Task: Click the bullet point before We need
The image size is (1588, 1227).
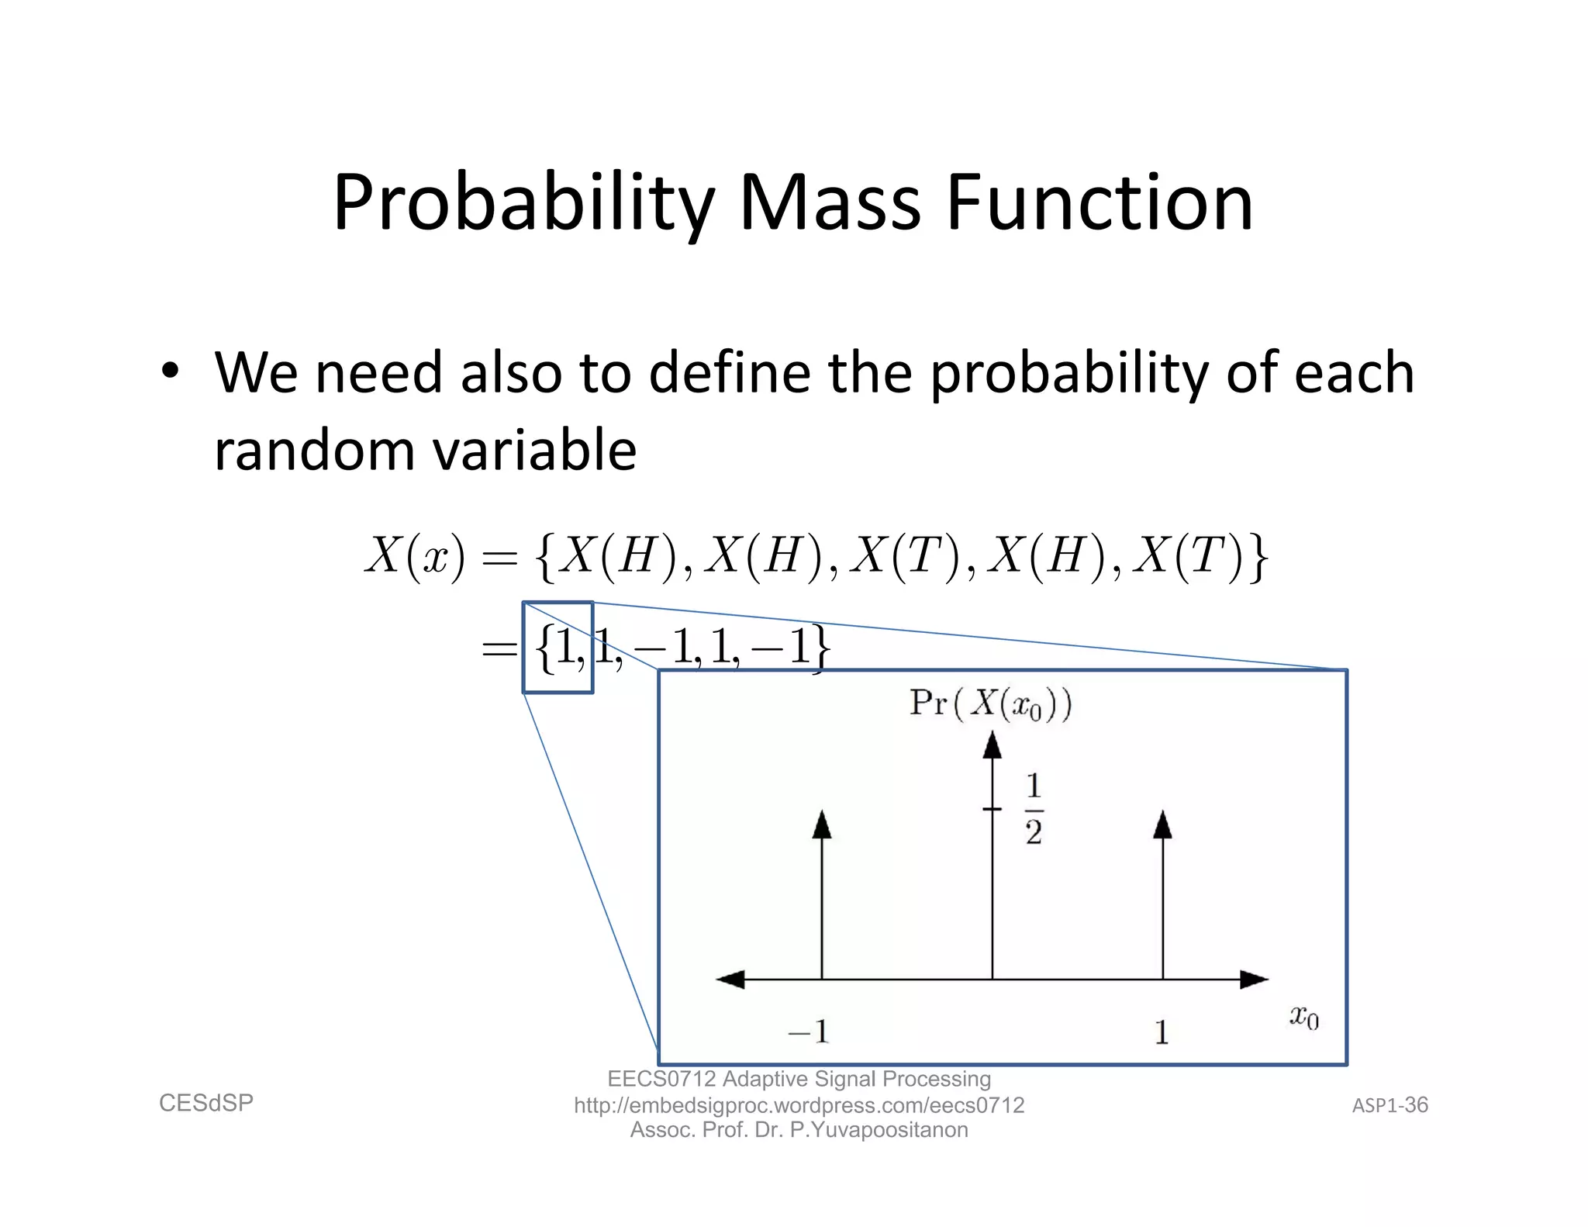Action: (170, 371)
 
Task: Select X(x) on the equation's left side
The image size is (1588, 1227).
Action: (415, 556)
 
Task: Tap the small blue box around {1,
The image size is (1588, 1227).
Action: (558, 647)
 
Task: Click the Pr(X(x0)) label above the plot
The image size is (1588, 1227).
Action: (990, 704)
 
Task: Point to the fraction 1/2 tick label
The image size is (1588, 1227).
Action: (1033, 809)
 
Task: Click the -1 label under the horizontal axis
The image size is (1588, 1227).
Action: (808, 1032)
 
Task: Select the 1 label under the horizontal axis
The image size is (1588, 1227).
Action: (1161, 1032)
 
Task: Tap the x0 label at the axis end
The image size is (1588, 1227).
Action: (1303, 1017)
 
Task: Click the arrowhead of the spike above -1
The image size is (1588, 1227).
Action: (822, 825)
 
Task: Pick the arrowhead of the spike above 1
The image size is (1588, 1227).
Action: (1162, 825)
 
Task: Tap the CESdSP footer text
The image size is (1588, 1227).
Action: (206, 1103)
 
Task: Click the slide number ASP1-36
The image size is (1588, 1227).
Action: (1389, 1105)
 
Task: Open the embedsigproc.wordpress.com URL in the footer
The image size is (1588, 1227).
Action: (799, 1105)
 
